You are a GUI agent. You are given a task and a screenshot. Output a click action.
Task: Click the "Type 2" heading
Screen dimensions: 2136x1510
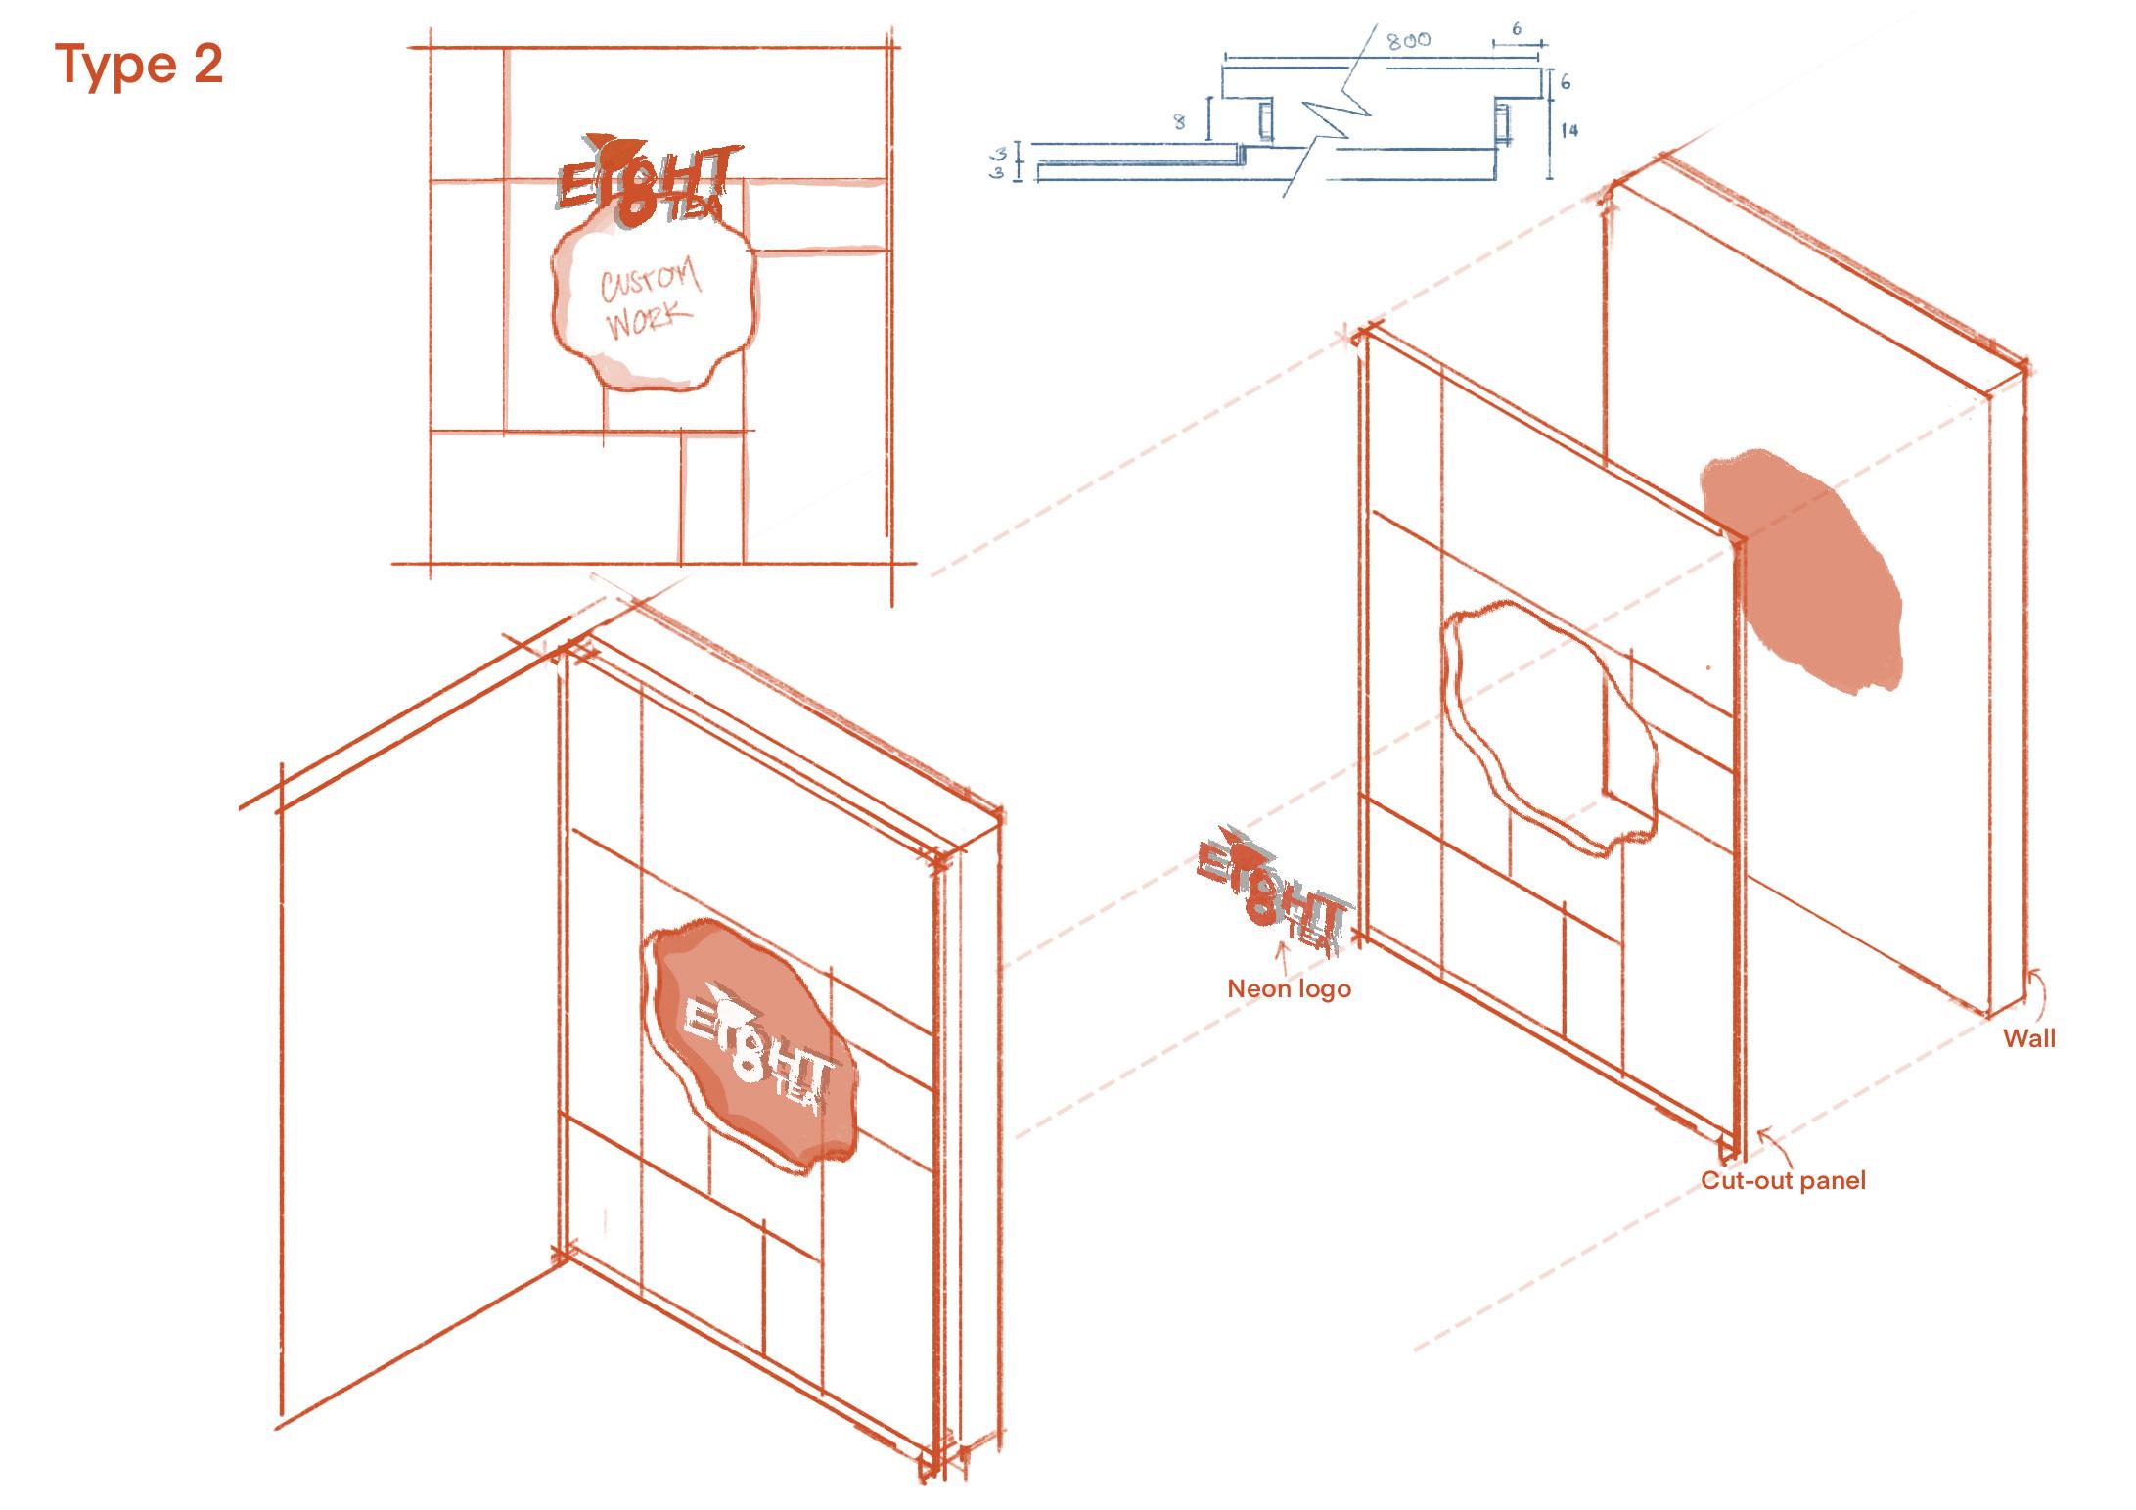pyautogui.click(x=140, y=66)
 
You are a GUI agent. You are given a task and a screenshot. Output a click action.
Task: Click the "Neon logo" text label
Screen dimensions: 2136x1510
pyautogui.click(x=1289, y=988)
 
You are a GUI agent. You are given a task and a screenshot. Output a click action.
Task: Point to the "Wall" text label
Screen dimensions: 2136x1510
pyautogui.click(x=2029, y=1038)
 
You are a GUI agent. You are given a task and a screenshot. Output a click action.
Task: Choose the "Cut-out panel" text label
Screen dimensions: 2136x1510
pyautogui.click(x=1783, y=1180)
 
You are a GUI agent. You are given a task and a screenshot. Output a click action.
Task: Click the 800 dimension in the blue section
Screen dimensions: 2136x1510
pyautogui.click(x=1408, y=40)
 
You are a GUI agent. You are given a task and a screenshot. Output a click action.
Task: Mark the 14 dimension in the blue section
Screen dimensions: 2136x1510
pyautogui.click(x=1568, y=129)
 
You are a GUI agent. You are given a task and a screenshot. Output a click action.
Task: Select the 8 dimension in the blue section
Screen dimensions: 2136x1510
pyautogui.click(x=1179, y=122)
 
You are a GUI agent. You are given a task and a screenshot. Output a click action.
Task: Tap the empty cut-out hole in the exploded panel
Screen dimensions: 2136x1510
pyautogui.click(x=1546, y=724)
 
